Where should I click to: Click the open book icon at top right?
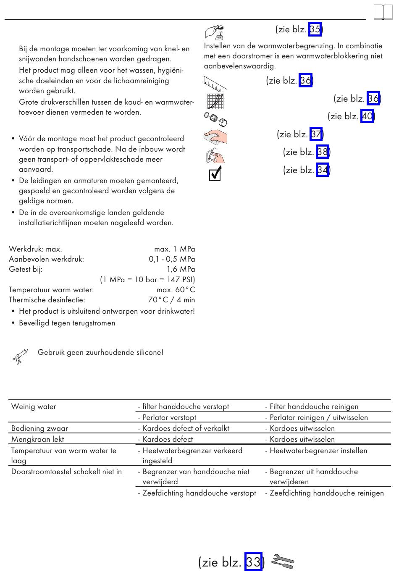383,12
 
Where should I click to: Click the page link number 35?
315,29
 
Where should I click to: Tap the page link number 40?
367,116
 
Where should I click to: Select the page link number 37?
316,134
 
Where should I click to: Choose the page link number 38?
322,152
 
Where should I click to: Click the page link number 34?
322,170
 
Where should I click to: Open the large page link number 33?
253,562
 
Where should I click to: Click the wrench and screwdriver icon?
283,562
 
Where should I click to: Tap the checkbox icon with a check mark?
215,173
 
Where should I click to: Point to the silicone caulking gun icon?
20,356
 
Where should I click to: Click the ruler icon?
215,83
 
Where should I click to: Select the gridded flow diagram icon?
215,101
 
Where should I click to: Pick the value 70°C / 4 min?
171,300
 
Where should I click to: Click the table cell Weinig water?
34,407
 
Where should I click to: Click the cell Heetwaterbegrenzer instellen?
318,451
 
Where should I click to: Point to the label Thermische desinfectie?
47,300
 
